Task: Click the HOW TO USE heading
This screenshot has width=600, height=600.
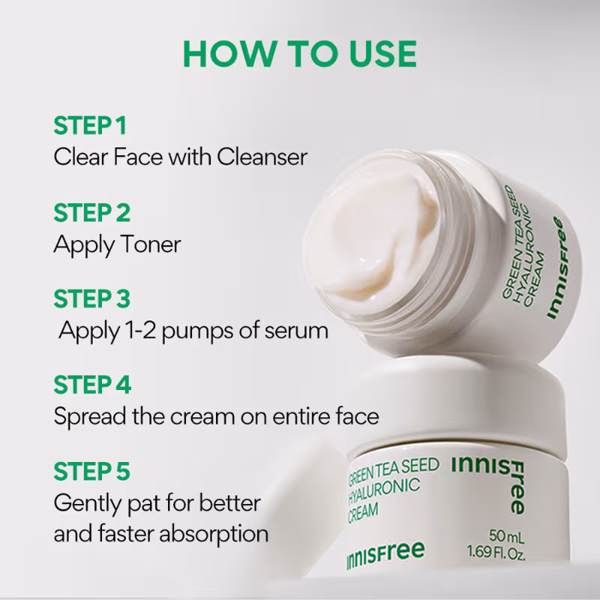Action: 300,53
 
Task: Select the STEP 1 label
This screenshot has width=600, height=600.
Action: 90,125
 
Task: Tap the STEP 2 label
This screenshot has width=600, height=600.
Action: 91,212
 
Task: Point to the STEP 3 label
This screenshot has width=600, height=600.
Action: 91,298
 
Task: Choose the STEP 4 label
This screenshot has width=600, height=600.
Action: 92,385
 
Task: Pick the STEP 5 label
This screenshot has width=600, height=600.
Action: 91,471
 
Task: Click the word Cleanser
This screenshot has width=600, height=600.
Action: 262,157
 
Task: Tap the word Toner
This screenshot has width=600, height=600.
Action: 151,244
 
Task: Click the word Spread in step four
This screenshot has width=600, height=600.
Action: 90,416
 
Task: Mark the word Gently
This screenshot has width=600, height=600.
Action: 88,504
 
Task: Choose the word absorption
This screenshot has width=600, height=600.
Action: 214,535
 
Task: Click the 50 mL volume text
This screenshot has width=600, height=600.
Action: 506,536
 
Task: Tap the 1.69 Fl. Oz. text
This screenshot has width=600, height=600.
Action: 496,553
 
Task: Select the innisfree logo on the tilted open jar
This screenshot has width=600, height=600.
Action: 556,268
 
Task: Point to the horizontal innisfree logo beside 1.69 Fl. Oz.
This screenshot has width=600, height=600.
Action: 385,555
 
